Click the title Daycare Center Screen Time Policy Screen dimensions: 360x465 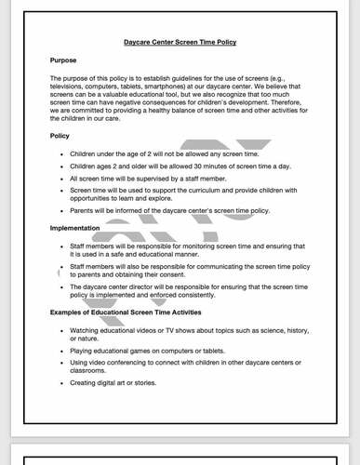click(180, 42)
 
